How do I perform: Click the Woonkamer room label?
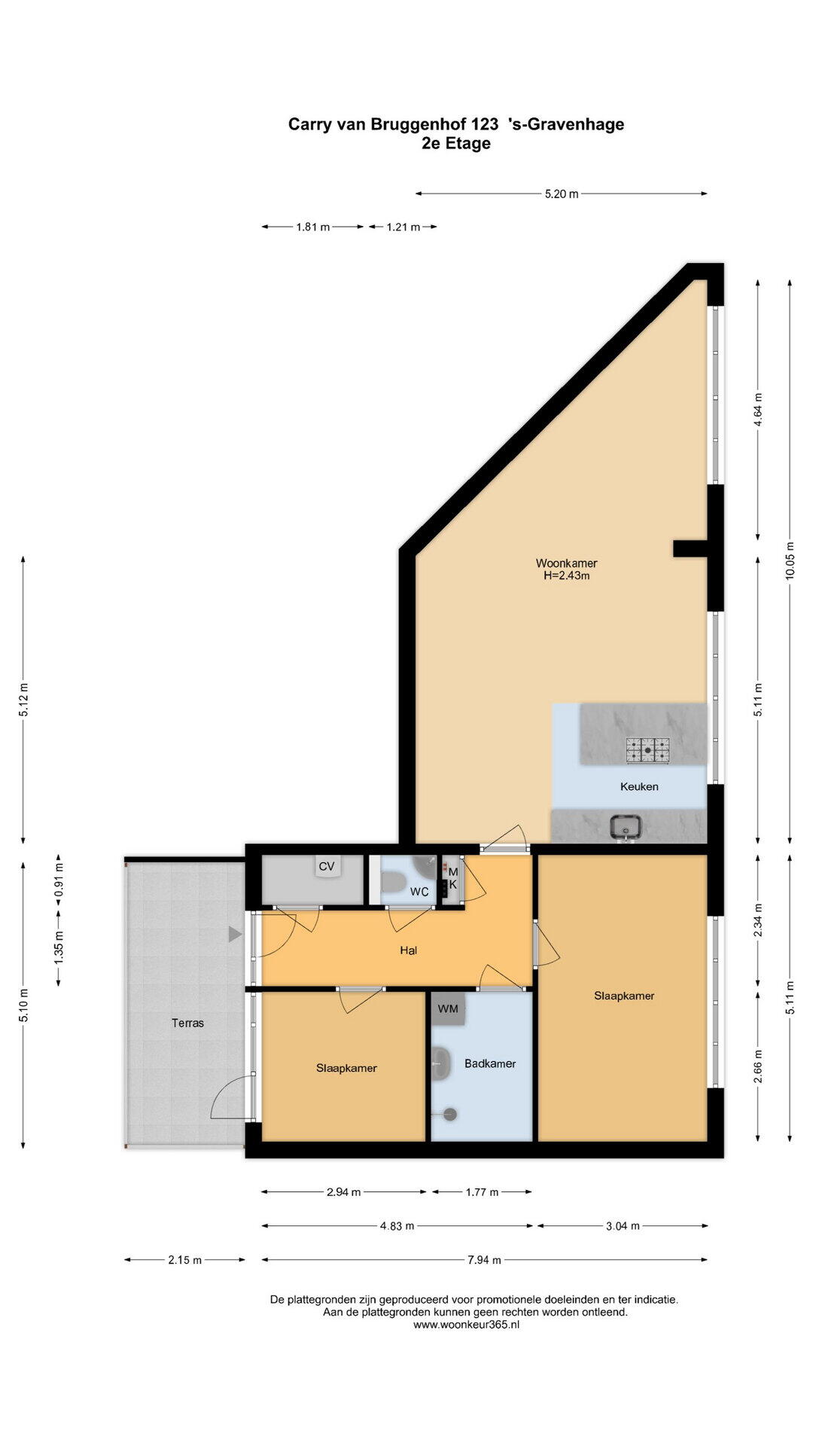pos(566,563)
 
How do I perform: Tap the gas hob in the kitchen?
pos(647,749)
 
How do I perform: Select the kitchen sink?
pos(626,827)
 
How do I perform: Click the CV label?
pos(326,866)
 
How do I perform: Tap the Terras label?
pos(187,1023)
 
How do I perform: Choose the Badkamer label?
pos(490,1063)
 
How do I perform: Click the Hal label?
pos(408,950)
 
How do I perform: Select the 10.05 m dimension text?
pos(789,560)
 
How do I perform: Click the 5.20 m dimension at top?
pos(562,194)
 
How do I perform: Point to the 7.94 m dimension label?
pos(484,1259)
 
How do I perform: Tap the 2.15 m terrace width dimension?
pos(184,1259)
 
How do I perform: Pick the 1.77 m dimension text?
pos(482,1191)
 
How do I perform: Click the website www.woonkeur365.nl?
pos(466,1325)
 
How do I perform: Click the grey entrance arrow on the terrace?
pos(235,935)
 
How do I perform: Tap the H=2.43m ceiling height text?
pos(566,576)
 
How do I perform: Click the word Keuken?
pos(639,786)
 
